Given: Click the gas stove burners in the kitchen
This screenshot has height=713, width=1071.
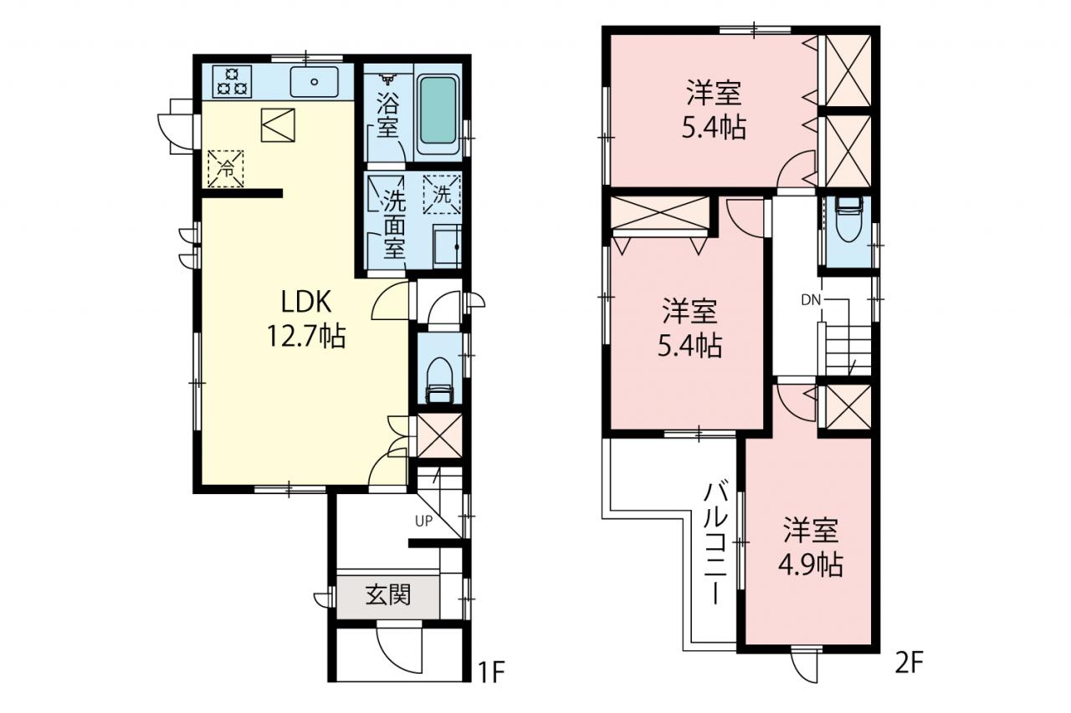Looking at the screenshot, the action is tap(232, 81).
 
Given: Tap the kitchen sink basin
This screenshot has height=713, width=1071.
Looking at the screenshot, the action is tap(314, 82).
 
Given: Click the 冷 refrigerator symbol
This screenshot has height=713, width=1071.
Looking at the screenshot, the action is tap(226, 169).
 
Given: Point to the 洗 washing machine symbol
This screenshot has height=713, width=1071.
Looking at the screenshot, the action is tap(442, 195).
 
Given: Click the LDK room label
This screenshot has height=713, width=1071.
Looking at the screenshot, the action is tap(306, 302).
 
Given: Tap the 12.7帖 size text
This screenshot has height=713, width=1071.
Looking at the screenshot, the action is tap(306, 336).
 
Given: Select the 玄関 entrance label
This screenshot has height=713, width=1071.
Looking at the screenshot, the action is tap(388, 595).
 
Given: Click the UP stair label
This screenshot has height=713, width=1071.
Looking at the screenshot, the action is tap(423, 521).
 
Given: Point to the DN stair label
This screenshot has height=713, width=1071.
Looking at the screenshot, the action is tap(811, 300).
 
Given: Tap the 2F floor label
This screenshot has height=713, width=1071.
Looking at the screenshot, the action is tap(909, 662).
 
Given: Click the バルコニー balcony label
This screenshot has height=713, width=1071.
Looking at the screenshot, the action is tap(715, 544).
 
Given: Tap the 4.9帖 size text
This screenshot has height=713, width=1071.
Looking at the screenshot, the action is tap(811, 566).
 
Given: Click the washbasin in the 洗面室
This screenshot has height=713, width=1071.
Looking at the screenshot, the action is tap(447, 247).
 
